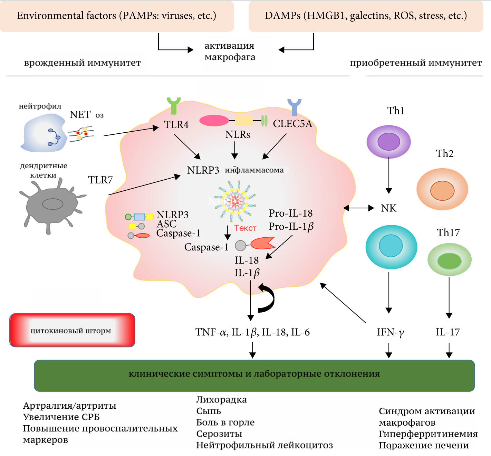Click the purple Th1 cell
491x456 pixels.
[388, 142]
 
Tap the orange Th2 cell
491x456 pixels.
[442, 189]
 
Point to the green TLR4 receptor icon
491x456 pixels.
[174, 106]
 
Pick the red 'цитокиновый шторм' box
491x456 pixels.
[72, 330]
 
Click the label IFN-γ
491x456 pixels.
[390, 332]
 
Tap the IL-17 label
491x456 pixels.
[447, 332]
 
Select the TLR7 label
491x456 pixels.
[100, 180]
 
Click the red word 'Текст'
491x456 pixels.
[245, 228]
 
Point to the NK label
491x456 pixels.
[389, 208]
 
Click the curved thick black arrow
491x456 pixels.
[267, 298]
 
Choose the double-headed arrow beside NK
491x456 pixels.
[358, 208]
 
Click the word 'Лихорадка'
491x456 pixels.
[221, 400]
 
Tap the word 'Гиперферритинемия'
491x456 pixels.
[428, 434]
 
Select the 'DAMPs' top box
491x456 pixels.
[366, 16]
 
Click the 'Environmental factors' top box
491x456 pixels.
[117, 16]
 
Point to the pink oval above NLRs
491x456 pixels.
[214, 121]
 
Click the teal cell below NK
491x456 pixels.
[391, 247]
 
